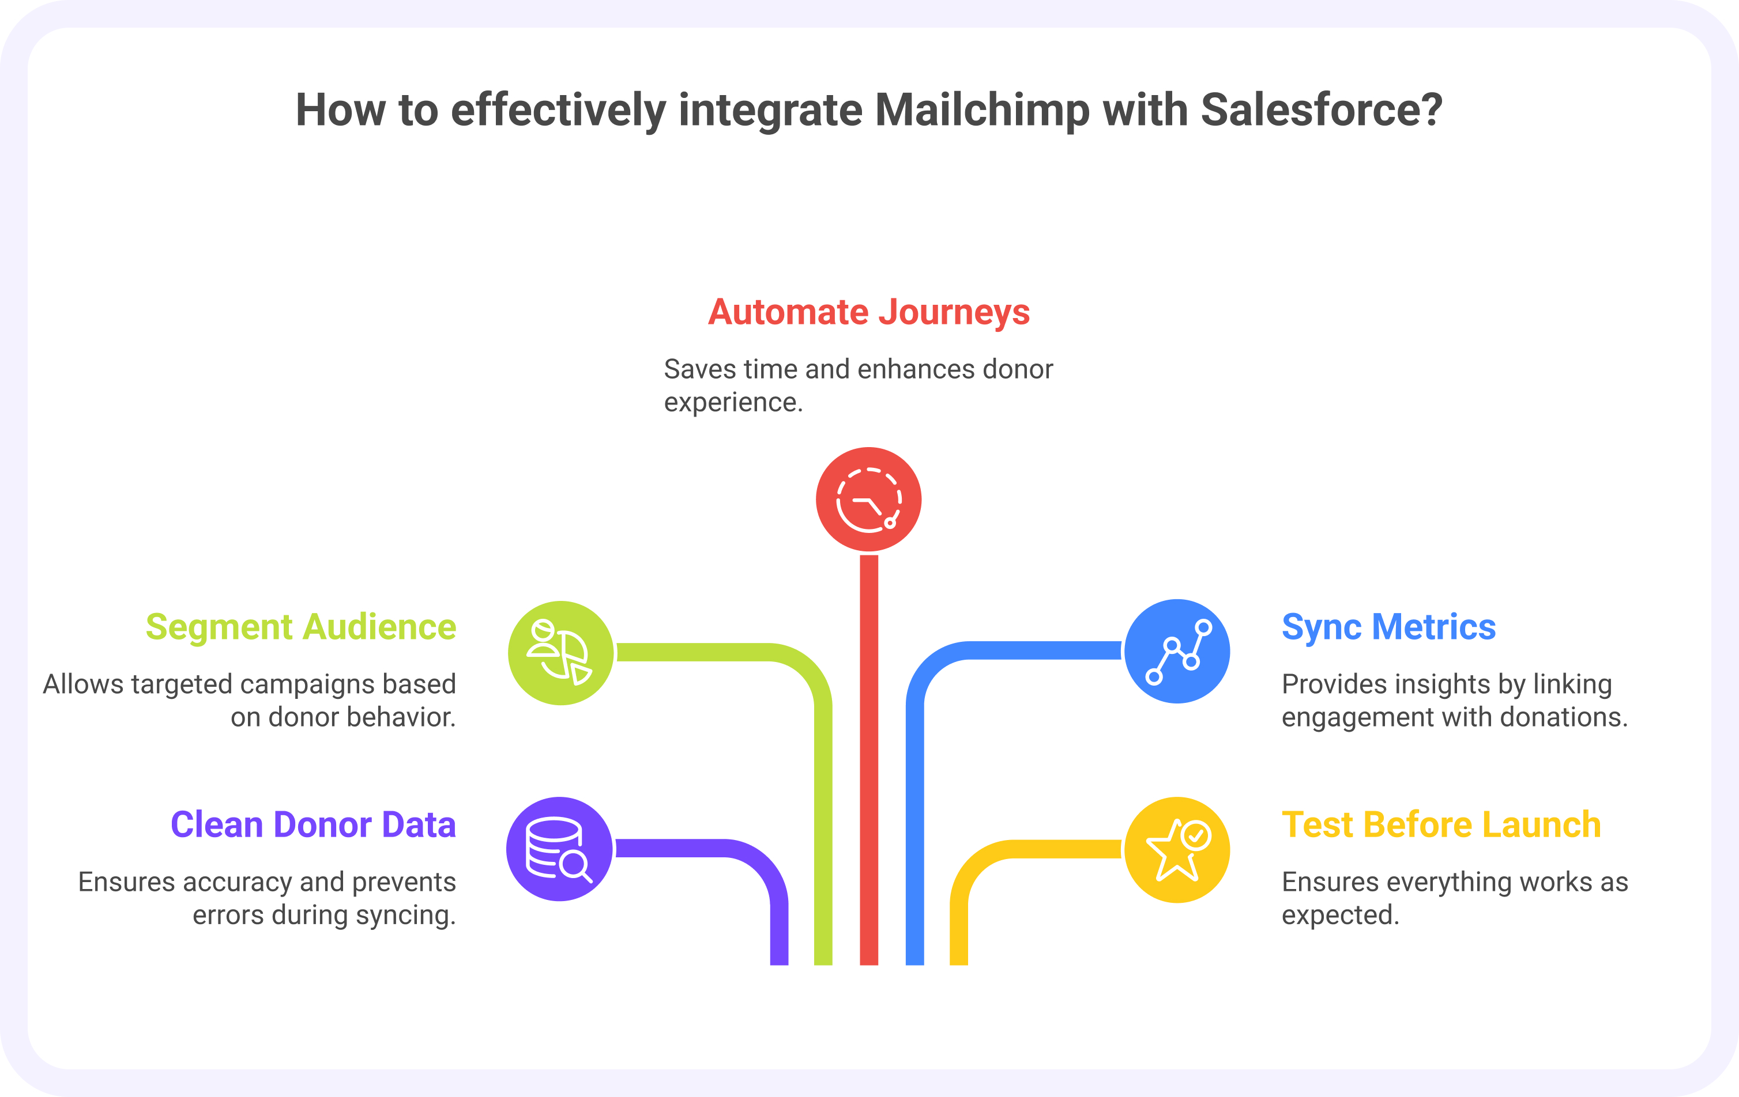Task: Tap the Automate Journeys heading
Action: [x=869, y=312]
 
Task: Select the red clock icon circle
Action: [x=869, y=500]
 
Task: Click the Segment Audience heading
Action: [x=300, y=626]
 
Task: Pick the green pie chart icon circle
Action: [x=560, y=653]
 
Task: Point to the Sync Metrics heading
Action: [x=1388, y=626]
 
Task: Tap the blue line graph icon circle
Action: [x=1177, y=651]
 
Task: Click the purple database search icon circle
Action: [x=560, y=849]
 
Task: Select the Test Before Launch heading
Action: [x=1441, y=824]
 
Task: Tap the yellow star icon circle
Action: [x=1177, y=849]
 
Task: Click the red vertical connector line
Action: [x=869, y=758]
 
